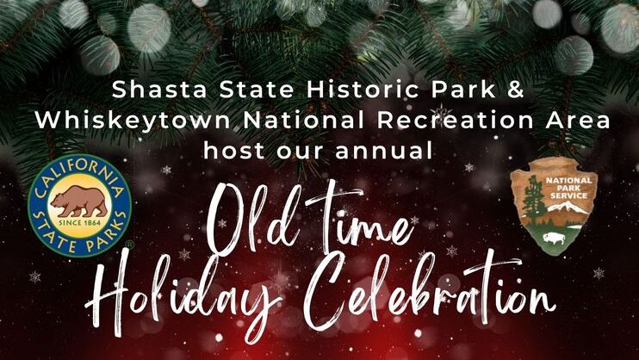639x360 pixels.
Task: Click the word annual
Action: tap(383, 151)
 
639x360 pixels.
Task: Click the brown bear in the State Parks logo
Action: tap(79, 202)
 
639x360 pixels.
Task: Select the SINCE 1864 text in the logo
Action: tap(80, 223)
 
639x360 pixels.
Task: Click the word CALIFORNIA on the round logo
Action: tap(78, 171)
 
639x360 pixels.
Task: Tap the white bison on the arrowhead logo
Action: tap(554, 238)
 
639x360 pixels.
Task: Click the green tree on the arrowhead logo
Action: tap(532, 200)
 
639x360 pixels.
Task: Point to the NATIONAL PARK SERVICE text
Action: tap(569, 188)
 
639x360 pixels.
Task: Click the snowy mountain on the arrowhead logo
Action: tap(569, 208)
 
